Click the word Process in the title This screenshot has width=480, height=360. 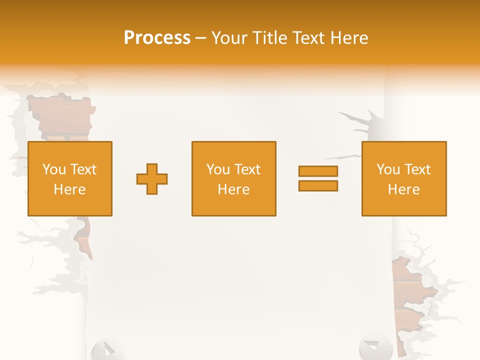[x=157, y=38]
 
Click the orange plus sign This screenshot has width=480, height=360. [x=152, y=179]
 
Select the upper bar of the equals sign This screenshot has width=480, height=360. [x=318, y=171]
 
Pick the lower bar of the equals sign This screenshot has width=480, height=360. [x=318, y=185]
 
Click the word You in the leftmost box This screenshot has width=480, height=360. [x=54, y=169]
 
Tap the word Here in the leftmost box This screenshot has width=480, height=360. [x=69, y=189]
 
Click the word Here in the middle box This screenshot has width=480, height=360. [x=233, y=189]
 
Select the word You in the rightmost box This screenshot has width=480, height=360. [x=388, y=169]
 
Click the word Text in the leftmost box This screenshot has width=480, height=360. [x=83, y=169]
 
